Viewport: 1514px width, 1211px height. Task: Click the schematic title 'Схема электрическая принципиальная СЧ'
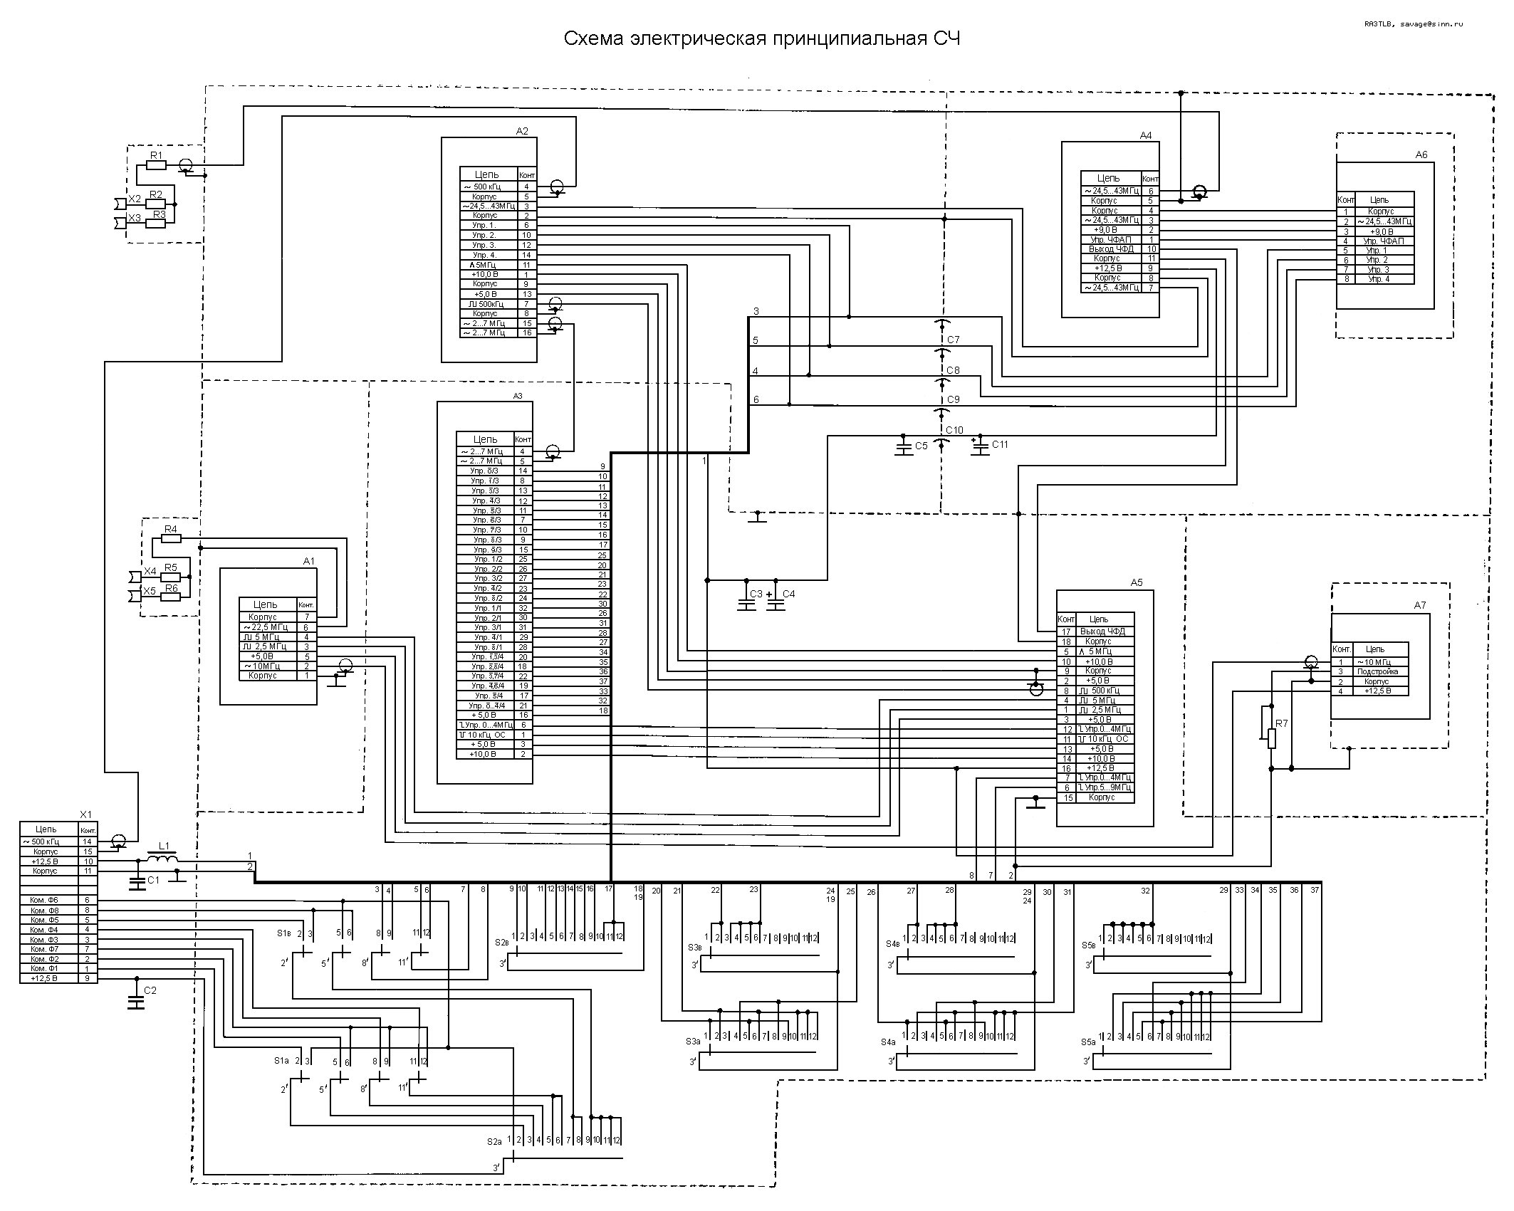pos(761,38)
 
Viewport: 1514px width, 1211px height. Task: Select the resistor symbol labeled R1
pos(156,165)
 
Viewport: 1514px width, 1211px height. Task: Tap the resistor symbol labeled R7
pos(1272,738)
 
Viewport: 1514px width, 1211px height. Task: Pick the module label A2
pos(522,131)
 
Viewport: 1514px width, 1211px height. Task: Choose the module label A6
pos(1421,154)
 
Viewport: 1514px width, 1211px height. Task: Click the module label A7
pos(1420,605)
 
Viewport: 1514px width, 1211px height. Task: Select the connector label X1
pos(85,814)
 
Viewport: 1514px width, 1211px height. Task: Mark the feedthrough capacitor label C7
pos(954,340)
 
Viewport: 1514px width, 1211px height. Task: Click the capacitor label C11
pos(1000,444)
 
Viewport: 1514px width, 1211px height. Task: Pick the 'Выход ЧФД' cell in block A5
pos(1102,631)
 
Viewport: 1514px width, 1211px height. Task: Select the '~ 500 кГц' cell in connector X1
pos(47,842)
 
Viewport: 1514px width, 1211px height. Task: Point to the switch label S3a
pos(694,1041)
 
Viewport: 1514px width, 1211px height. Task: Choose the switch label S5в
pos(1088,945)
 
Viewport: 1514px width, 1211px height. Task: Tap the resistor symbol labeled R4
pos(171,539)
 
